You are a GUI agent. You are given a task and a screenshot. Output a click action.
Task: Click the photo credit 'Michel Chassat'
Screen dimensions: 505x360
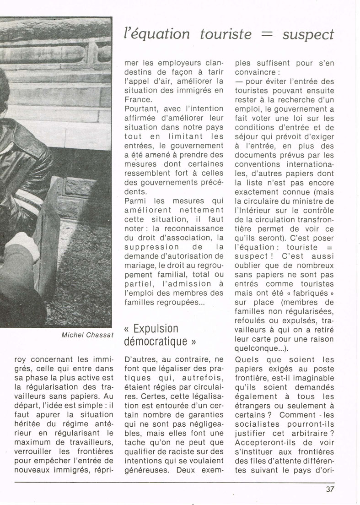click(x=86, y=335)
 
